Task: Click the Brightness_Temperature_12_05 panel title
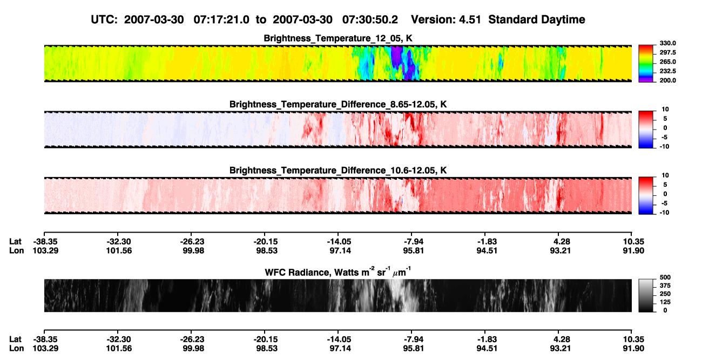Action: (x=338, y=38)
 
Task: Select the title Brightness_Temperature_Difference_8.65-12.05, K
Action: (x=338, y=104)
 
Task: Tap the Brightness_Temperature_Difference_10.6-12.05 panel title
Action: (x=338, y=171)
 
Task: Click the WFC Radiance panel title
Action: (x=338, y=271)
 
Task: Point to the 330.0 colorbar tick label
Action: (x=667, y=43)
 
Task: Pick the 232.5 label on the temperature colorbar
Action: (x=667, y=71)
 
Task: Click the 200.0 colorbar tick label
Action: (x=667, y=80)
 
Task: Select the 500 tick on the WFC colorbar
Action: (x=665, y=277)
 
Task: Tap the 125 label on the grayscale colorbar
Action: (x=665, y=302)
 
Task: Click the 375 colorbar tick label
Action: (x=665, y=286)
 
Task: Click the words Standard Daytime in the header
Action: (x=537, y=20)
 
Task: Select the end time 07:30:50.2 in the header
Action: (x=370, y=19)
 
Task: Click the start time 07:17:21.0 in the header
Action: (x=221, y=19)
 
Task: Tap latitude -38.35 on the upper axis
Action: (x=45, y=242)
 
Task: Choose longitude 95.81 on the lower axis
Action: (x=413, y=349)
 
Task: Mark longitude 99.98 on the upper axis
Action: (x=193, y=250)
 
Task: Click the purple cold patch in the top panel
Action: (x=397, y=56)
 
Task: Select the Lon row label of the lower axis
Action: (x=16, y=349)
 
